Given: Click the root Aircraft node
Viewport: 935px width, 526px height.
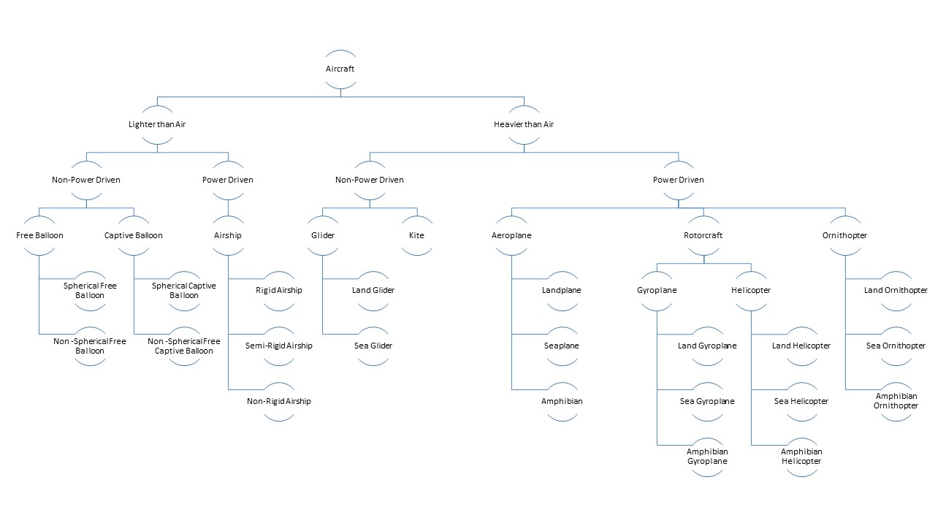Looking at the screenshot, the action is click(x=340, y=69).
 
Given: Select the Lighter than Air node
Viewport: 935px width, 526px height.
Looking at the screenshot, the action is click(x=157, y=124).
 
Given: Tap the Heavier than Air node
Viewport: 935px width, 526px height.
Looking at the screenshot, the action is click(x=524, y=124).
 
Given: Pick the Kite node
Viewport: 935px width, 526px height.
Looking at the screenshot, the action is click(x=416, y=235).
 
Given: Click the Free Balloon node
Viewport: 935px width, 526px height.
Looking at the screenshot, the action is click(x=39, y=235).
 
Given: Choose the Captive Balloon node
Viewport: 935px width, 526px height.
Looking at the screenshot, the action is click(x=134, y=235).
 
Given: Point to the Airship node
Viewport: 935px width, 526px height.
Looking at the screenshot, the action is click(x=228, y=235).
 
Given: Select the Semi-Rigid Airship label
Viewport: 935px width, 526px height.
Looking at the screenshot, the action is click(x=279, y=346).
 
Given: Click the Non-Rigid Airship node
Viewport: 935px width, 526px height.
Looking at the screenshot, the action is click(x=279, y=402).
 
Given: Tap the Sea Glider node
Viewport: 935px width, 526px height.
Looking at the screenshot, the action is click(x=373, y=346).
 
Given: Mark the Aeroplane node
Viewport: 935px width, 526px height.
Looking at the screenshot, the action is click(x=511, y=235).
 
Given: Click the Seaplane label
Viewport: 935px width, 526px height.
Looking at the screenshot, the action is click(x=562, y=346).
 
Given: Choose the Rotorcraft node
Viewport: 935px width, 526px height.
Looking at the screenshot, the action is click(x=703, y=235).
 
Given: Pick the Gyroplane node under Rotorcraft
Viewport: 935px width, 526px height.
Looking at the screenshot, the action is click(x=657, y=291).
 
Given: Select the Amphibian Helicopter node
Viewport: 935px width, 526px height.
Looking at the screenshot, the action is click(x=801, y=457).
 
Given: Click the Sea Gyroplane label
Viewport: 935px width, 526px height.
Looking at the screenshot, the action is click(x=707, y=401).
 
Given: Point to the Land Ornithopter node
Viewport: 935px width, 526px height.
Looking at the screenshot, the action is click(x=896, y=291).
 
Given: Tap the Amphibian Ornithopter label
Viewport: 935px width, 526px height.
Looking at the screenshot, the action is click(x=896, y=401).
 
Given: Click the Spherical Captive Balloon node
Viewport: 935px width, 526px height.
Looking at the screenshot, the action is click(x=183, y=291).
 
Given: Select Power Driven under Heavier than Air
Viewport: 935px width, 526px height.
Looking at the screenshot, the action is click(x=679, y=180).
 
